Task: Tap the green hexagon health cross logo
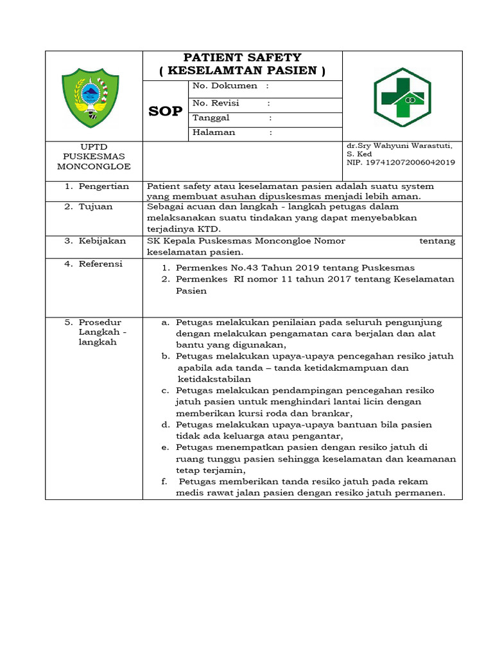pos(403,96)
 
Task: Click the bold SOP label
pos(165,111)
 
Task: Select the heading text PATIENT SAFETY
pos(243,58)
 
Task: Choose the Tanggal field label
pos(211,118)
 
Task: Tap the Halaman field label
pos(214,132)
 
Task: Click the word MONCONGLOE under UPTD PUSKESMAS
pos(94,166)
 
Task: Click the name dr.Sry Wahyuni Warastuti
pos(400,147)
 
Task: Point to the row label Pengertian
pos(103,186)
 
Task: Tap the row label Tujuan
pos(96,206)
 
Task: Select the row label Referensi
pos(101,264)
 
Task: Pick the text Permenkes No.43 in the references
pos(211,268)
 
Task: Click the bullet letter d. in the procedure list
pos(165,425)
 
